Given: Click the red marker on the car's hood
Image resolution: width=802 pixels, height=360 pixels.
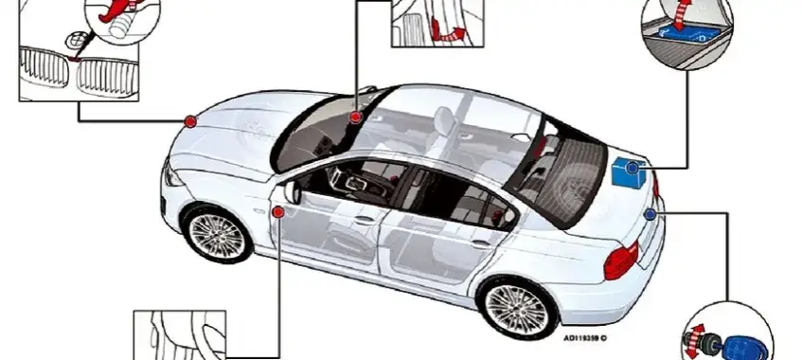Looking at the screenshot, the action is point(190,121).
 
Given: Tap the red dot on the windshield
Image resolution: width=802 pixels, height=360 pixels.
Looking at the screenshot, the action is point(355,117).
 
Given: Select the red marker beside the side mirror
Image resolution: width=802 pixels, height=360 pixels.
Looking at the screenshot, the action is point(278,211).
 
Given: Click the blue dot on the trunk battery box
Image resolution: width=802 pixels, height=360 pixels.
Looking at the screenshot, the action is point(633,167).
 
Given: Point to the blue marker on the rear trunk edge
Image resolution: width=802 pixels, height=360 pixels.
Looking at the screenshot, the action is point(650,215).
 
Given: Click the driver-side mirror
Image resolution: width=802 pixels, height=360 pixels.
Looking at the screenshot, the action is point(291,191).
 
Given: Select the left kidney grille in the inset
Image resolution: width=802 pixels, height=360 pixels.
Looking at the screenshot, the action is point(44,72).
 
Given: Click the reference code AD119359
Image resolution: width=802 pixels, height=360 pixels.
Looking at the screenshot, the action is point(583,337).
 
